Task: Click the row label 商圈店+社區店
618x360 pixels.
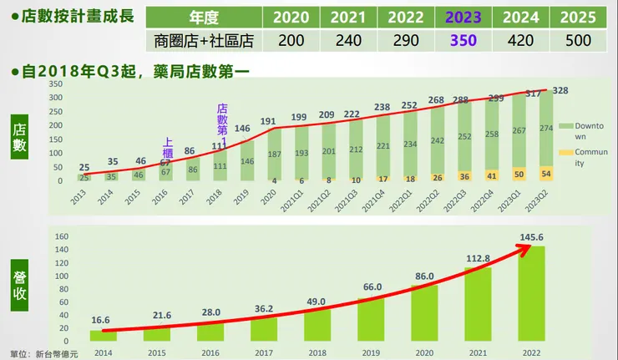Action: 205,40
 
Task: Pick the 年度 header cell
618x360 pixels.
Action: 205,17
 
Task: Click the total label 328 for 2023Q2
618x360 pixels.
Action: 561,90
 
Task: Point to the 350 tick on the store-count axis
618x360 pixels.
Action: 57,84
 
